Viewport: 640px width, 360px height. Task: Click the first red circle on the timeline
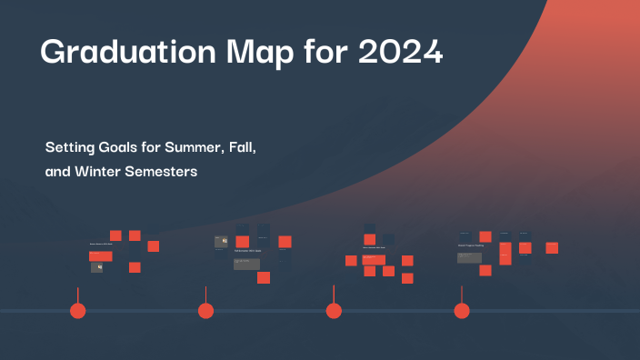[78, 311]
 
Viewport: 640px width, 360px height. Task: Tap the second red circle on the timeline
[206, 311]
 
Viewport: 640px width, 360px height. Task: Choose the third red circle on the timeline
[334, 311]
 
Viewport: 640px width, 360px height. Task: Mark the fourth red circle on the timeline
[462, 311]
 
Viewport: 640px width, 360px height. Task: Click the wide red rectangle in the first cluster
[100, 256]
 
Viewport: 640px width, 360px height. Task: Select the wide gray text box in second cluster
[246, 264]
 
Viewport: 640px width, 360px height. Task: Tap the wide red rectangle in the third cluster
[374, 260]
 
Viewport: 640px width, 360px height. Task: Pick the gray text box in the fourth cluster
[469, 257]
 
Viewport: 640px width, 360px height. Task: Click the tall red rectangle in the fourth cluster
[505, 254]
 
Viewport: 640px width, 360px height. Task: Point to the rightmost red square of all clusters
[552, 247]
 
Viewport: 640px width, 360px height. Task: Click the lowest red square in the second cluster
[264, 277]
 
